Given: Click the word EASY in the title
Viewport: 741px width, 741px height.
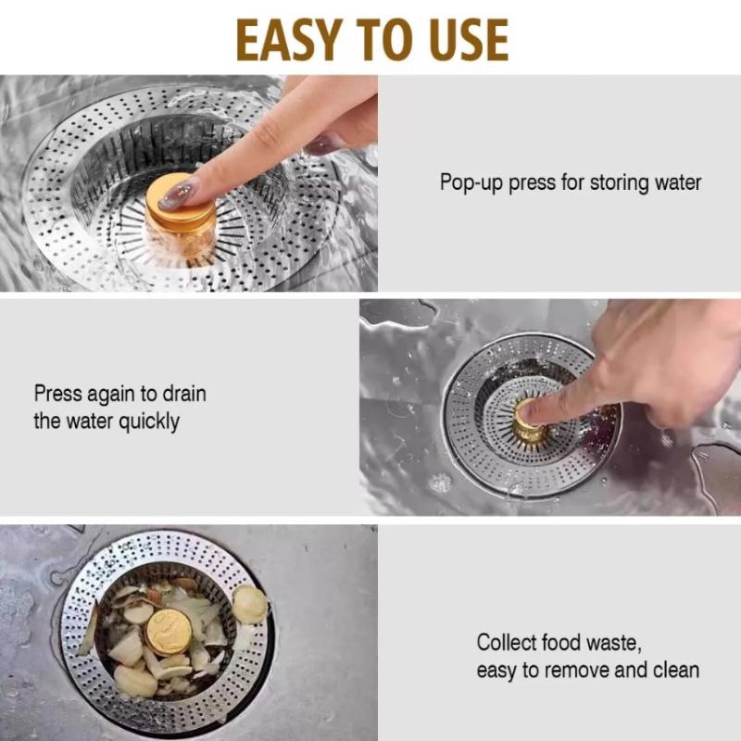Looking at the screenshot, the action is point(288,40).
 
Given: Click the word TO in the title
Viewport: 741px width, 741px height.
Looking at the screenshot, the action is point(385,40).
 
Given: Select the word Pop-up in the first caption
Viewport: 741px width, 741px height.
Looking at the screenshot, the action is point(471,182).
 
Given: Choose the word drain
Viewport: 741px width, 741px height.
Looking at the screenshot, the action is point(184,393).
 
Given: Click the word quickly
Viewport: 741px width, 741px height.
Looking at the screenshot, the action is point(149,421).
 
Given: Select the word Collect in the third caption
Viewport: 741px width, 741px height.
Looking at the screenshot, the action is point(506,642).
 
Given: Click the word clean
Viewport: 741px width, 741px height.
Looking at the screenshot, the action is point(676,670).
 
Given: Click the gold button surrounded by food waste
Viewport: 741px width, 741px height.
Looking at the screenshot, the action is point(169,632).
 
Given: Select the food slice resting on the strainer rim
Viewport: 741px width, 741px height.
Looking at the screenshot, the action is point(249,604).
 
